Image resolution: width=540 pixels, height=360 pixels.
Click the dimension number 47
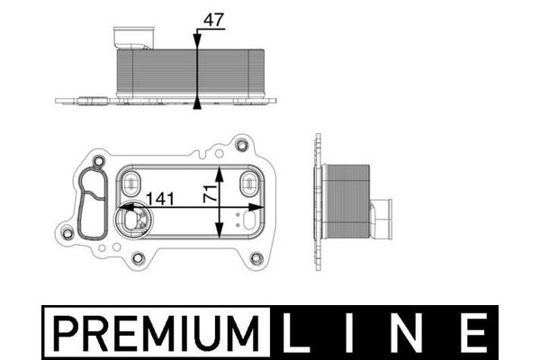(213, 18)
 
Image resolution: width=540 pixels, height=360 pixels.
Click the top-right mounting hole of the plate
(240, 144)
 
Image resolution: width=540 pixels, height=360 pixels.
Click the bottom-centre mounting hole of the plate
(138, 259)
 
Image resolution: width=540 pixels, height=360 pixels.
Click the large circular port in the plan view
(130, 219)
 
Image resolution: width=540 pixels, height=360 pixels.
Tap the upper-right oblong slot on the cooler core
(248, 184)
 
